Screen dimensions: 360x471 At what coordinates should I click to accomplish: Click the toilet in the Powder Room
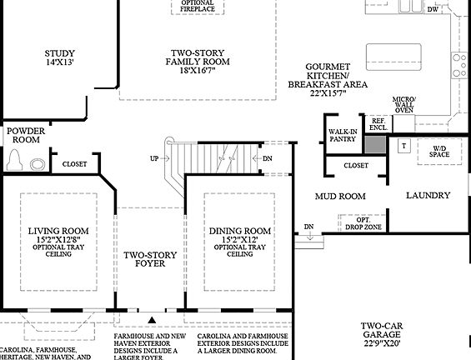coord(17,160)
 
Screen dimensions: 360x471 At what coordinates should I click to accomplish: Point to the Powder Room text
coord(26,136)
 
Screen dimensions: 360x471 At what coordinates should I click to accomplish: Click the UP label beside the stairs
coord(154,158)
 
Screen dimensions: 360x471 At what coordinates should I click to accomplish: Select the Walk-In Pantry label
coord(343,135)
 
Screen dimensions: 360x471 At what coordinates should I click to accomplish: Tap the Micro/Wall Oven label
coord(403,104)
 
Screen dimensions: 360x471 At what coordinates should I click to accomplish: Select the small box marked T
coord(403,146)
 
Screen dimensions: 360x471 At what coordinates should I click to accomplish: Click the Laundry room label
coord(428,196)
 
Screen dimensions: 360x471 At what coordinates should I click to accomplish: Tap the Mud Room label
coord(340,197)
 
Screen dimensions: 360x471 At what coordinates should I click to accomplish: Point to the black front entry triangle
coord(151,318)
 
